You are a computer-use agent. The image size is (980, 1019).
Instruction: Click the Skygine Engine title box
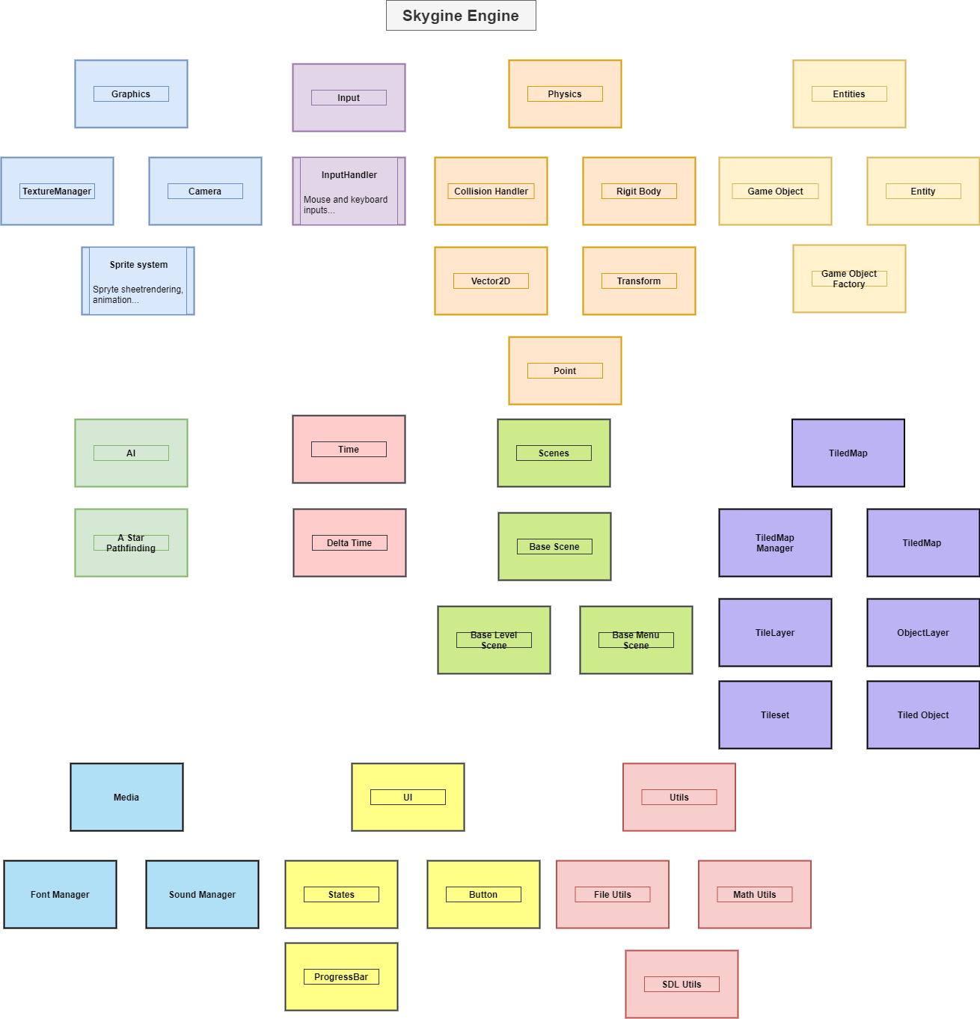click(x=461, y=16)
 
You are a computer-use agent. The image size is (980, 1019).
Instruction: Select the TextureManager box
click(x=57, y=192)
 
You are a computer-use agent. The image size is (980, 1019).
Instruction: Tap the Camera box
click(x=205, y=192)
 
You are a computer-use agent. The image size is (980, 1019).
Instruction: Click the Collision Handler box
click(x=491, y=192)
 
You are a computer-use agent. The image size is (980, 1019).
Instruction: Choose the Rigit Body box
click(x=639, y=192)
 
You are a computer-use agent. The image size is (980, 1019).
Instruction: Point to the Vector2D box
click(x=491, y=281)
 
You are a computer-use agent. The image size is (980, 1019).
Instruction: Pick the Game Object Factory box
click(x=849, y=279)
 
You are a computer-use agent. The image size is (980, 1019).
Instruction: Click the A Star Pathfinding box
click(x=131, y=543)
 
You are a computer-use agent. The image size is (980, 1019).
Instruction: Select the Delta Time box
click(x=349, y=543)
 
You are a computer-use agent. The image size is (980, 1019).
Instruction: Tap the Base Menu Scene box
click(x=636, y=640)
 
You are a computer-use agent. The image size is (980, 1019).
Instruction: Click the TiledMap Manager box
click(x=775, y=543)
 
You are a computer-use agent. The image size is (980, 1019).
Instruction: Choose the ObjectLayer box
click(x=923, y=633)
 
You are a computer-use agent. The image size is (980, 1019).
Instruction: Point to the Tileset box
click(x=775, y=715)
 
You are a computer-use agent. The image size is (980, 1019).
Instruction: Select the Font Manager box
click(x=60, y=895)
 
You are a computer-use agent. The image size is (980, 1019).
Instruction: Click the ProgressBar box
click(x=341, y=977)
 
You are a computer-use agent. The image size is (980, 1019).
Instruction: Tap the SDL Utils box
click(x=682, y=985)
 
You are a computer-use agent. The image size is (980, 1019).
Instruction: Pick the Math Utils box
click(x=755, y=895)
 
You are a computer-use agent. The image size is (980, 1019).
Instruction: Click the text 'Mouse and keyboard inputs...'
click(x=346, y=205)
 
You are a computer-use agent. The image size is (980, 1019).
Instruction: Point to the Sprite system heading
click(x=138, y=265)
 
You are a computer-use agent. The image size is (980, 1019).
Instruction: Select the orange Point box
click(x=565, y=371)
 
